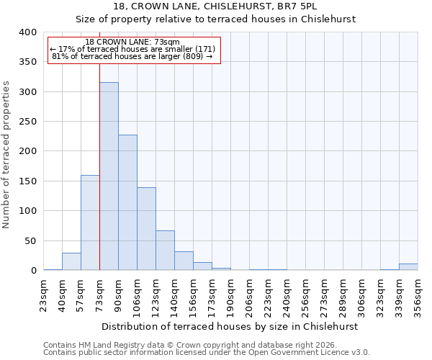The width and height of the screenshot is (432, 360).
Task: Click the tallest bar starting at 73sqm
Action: coord(109,176)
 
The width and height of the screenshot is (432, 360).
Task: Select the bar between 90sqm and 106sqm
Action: coord(127,202)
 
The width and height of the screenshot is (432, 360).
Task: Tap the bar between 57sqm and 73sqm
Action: coord(90,222)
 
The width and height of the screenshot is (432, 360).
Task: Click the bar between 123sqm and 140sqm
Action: coord(165,251)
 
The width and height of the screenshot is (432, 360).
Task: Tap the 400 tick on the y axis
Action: coord(27,32)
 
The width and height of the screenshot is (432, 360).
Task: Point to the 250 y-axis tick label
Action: coord(27,122)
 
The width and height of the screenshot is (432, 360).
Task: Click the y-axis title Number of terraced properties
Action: coord(7,154)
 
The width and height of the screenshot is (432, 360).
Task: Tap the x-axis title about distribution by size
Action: coord(230,326)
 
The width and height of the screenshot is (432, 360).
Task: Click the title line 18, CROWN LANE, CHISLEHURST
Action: coord(215,6)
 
